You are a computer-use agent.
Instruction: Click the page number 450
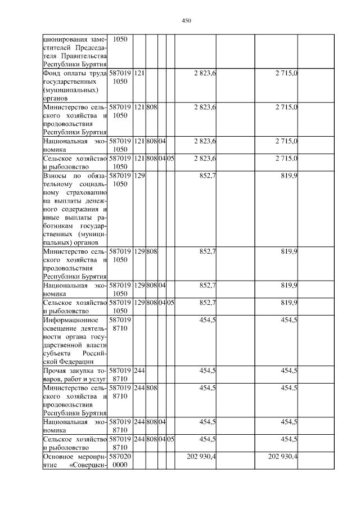[x=187, y=21]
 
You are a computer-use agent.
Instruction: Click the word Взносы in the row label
[x=55, y=175]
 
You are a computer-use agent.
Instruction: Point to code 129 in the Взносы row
[x=139, y=175]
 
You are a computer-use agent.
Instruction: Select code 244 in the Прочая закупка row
[x=139, y=371]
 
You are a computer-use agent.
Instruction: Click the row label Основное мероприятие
[x=75, y=461]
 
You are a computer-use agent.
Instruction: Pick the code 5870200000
[x=120, y=461]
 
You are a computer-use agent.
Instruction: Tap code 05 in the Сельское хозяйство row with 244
[x=170, y=439]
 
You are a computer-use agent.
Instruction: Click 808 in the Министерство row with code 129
[x=151, y=251]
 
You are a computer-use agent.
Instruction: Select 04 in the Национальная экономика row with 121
[x=161, y=141]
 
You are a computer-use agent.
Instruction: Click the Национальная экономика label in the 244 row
[x=75, y=425]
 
